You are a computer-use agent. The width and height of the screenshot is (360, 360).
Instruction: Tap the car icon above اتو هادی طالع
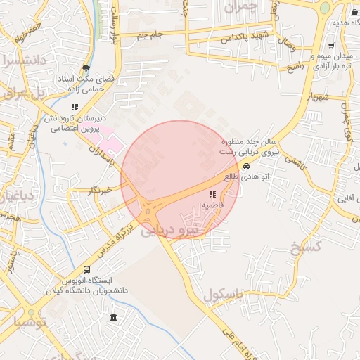pyautogui.click(x=246, y=166)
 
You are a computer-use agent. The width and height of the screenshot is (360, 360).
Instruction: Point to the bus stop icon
pyautogui.click(x=86, y=269)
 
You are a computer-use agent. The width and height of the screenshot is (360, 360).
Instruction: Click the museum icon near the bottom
pyautogui.click(x=114, y=319)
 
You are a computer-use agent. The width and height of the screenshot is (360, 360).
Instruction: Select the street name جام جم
pyautogui.click(x=150, y=34)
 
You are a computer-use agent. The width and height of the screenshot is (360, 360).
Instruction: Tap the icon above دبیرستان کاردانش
pyautogui.click(x=74, y=108)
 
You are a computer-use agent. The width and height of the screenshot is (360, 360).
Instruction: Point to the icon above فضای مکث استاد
pyautogui.click(x=86, y=69)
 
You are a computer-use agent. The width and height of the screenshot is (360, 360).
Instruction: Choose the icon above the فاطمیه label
pyautogui.click(x=212, y=194)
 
